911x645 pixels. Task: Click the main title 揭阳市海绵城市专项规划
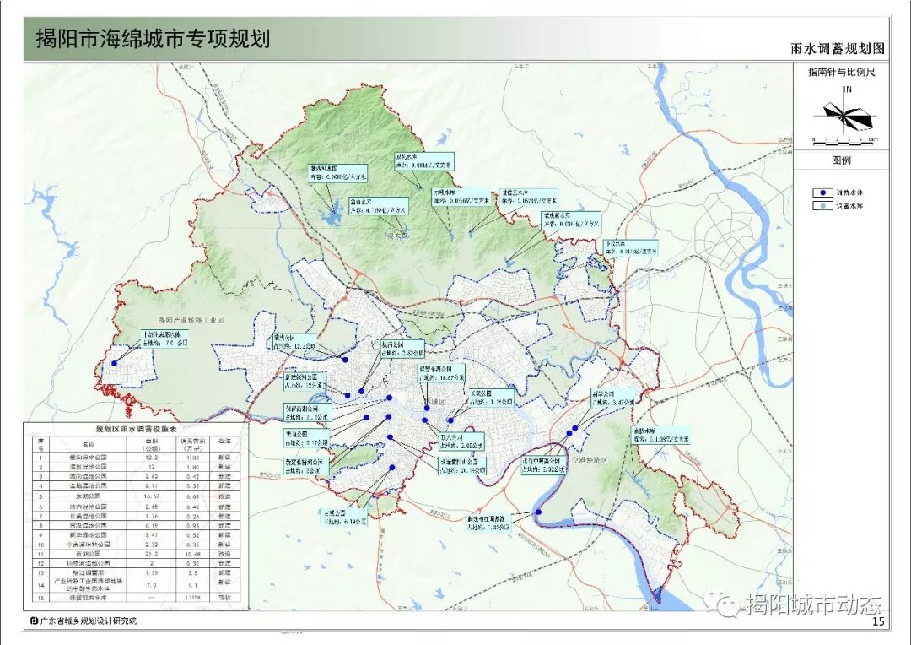click(153, 39)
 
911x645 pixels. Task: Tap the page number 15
click(877, 622)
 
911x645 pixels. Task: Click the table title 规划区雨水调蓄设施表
click(136, 429)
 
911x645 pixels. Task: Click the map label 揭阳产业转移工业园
click(193, 321)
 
